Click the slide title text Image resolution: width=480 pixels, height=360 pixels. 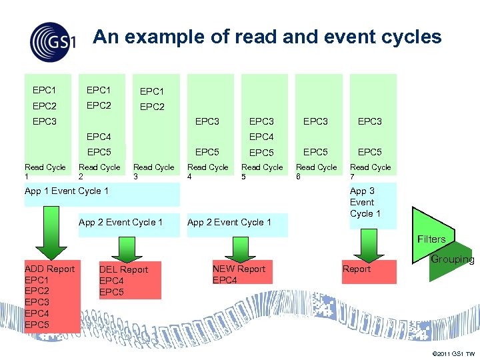[267, 37]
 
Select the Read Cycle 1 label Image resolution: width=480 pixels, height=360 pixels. [44, 172]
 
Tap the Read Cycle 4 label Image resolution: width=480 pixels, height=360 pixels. [208, 172]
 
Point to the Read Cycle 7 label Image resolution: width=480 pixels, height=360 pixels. [371, 172]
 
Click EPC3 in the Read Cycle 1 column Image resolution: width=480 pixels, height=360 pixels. [45, 121]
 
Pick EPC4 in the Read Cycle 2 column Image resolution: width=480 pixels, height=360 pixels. [99, 137]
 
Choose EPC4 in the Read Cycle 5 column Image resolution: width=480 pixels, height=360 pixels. [261, 137]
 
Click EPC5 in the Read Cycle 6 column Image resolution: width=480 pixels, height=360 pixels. [315, 152]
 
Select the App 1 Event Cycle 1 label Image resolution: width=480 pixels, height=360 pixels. [67, 191]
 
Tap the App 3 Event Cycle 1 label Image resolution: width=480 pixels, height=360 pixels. [365, 202]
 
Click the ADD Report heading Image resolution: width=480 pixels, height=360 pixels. [49, 269]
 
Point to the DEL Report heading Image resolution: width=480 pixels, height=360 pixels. [124, 269]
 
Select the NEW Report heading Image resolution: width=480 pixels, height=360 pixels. [239, 269]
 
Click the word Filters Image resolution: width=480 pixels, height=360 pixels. [431, 239]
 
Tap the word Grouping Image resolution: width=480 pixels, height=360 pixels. [453, 259]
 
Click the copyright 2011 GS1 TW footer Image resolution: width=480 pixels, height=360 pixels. [453, 353]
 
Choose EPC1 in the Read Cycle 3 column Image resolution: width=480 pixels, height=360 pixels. [152, 91]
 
